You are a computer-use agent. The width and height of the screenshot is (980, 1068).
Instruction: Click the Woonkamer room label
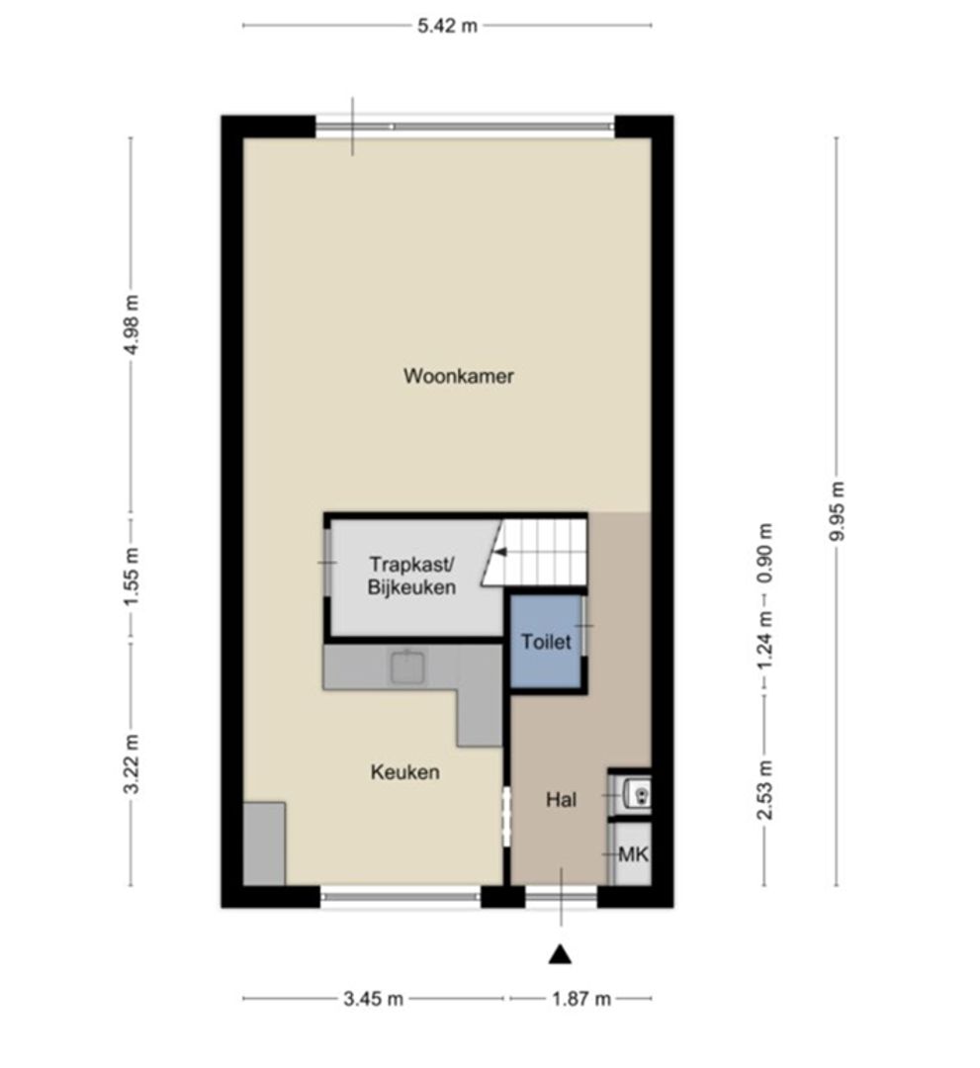[459, 376]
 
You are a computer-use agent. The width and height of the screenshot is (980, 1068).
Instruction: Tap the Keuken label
[405, 772]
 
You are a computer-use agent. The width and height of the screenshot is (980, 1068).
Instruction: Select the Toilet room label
[547, 642]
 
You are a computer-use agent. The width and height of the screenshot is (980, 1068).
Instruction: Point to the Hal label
[562, 800]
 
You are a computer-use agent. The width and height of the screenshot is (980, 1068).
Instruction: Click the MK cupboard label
[633, 853]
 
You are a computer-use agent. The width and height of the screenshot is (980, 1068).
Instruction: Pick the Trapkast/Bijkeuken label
[412, 576]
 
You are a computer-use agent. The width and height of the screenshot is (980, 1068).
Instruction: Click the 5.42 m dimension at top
[447, 27]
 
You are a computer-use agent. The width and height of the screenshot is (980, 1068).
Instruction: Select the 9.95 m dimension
[838, 510]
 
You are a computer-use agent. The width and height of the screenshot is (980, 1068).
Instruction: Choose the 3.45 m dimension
[374, 999]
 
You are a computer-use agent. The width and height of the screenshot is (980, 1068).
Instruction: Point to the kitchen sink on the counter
[406, 668]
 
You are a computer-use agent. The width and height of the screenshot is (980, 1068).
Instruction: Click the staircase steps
[544, 552]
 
